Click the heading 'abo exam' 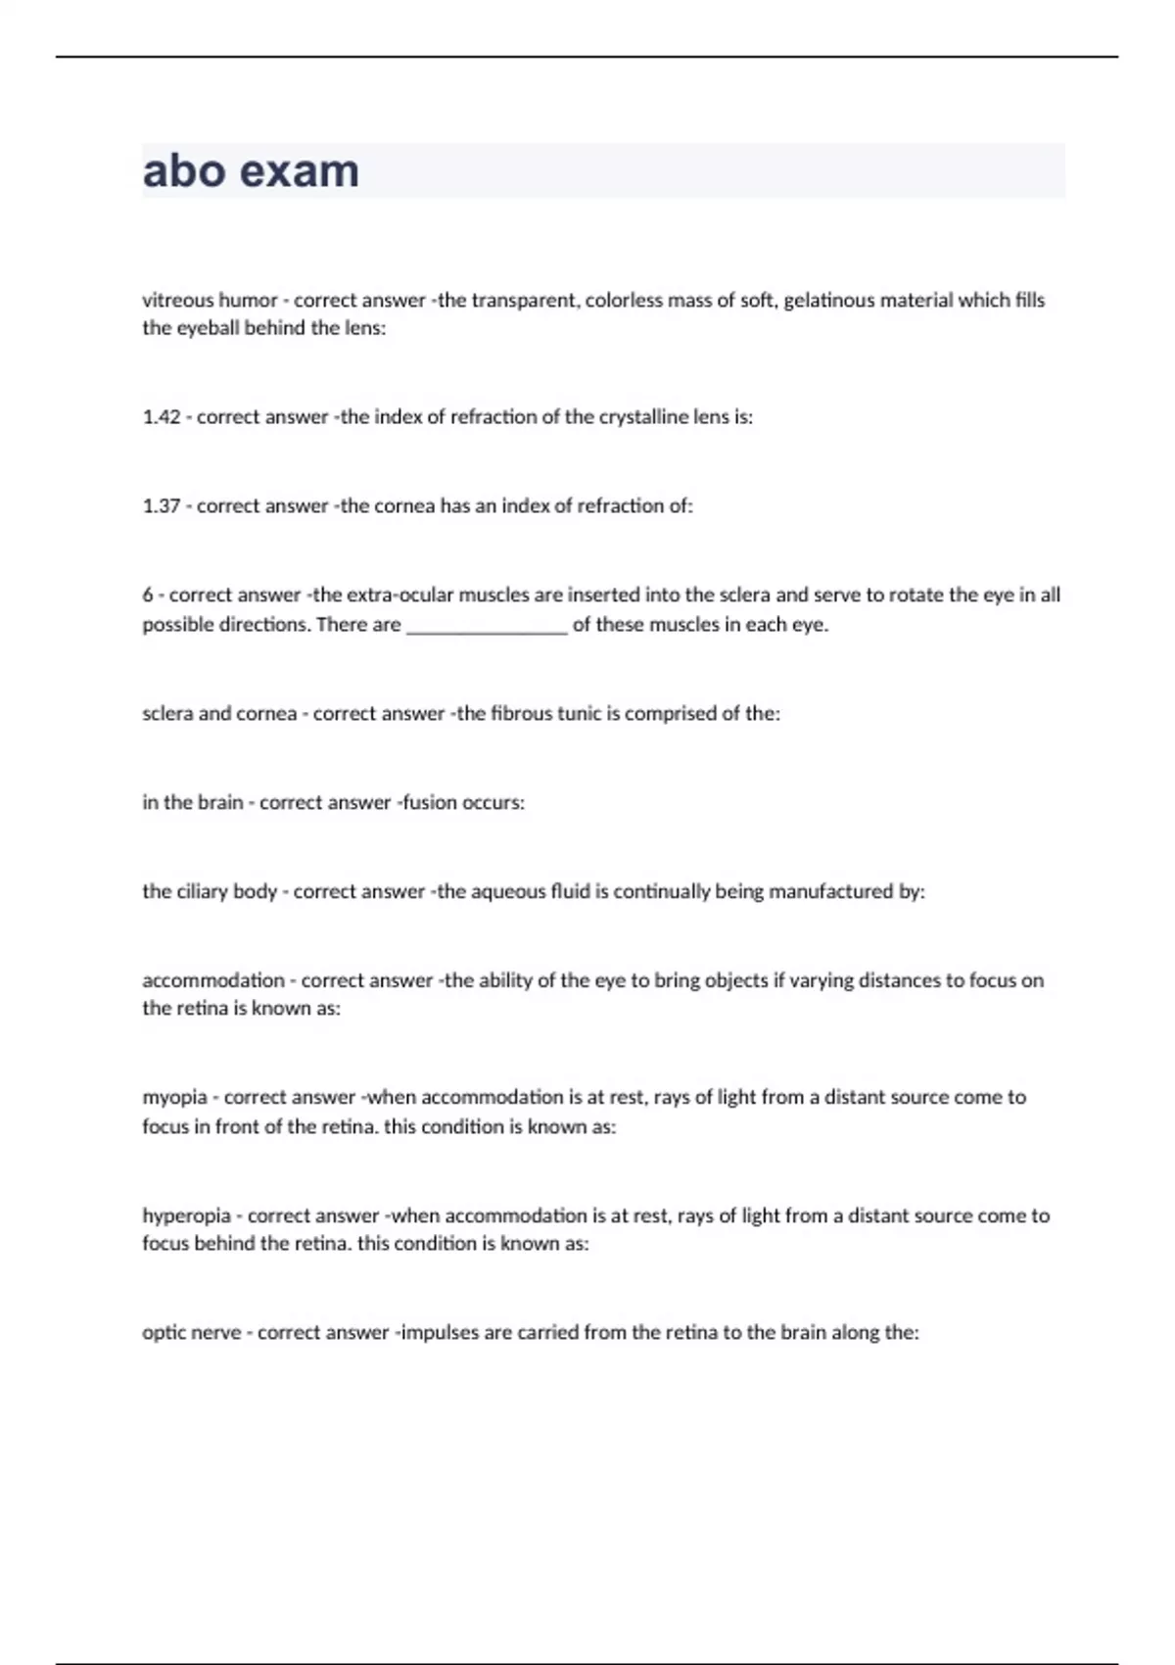(x=251, y=171)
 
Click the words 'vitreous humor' (x=210, y=300)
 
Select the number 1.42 (x=162, y=417)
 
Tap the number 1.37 (x=162, y=506)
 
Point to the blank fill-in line (x=487, y=627)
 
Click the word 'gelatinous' (x=828, y=300)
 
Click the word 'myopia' (x=174, y=1098)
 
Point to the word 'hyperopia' (x=186, y=1216)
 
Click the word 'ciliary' (x=203, y=892)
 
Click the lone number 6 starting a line (x=148, y=595)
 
